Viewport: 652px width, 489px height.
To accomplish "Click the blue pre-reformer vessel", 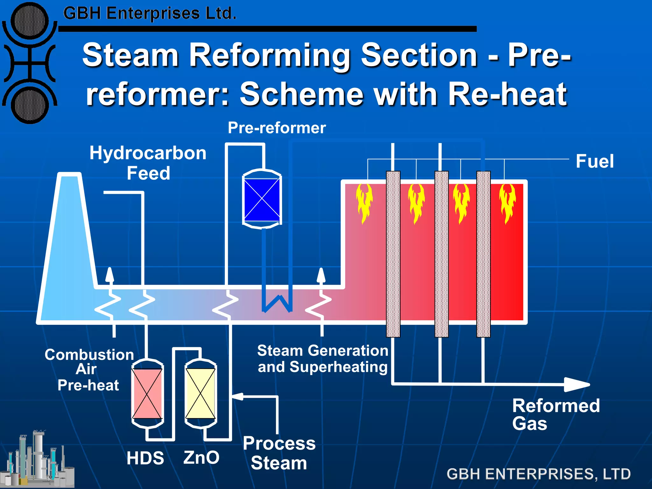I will (x=262, y=199).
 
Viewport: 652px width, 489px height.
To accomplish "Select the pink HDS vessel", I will (x=147, y=393).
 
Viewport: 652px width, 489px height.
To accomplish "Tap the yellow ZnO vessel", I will (x=201, y=393).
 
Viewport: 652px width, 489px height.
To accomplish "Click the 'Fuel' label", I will (x=594, y=161).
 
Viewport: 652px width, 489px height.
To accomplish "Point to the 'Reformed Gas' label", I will (x=556, y=414).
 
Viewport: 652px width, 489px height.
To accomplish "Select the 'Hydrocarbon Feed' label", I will (x=148, y=163).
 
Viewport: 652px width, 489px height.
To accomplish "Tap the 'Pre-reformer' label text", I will (x=277, y=128).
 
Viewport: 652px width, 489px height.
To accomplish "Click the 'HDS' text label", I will (x=145, y=458).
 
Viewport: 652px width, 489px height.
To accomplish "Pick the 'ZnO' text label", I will (x=201, y=457).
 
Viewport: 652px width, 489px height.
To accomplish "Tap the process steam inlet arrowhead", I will (x=237, y=396).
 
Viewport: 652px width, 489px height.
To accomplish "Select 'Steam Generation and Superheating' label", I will (x=322, y=359).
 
